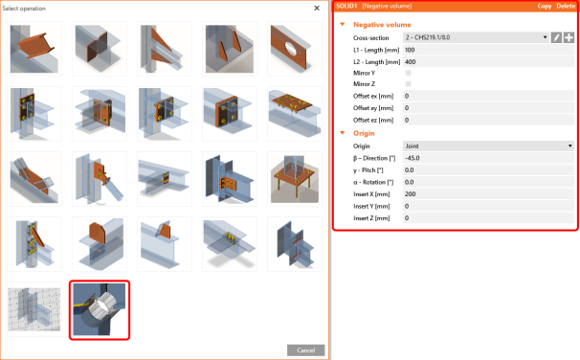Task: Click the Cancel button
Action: [306, 350]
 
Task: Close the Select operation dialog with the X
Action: [317, 9]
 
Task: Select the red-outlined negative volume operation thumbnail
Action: [100, 310]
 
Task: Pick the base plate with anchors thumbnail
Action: [295, 179]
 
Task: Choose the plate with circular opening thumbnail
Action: [295, 49]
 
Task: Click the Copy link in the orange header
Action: [545, 6]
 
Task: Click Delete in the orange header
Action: [566, 6]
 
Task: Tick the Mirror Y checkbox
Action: [409, 73]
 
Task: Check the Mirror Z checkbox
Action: [409, 84]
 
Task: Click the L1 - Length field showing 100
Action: [488, 50]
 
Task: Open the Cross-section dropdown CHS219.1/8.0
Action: [476, 37]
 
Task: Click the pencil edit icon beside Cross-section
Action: [556, 37]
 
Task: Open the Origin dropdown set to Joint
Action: [488, 146]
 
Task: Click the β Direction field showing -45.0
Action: [488, 158]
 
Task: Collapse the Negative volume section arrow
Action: [343, 25]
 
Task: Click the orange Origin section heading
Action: [364, 133]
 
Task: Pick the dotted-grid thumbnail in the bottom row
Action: [34, 309]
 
